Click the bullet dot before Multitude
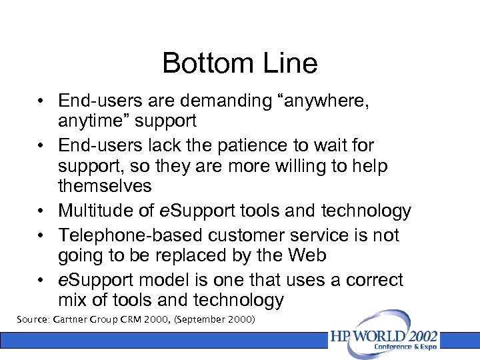click(x=41, y=212)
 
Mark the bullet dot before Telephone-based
click(x=41, y=236)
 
